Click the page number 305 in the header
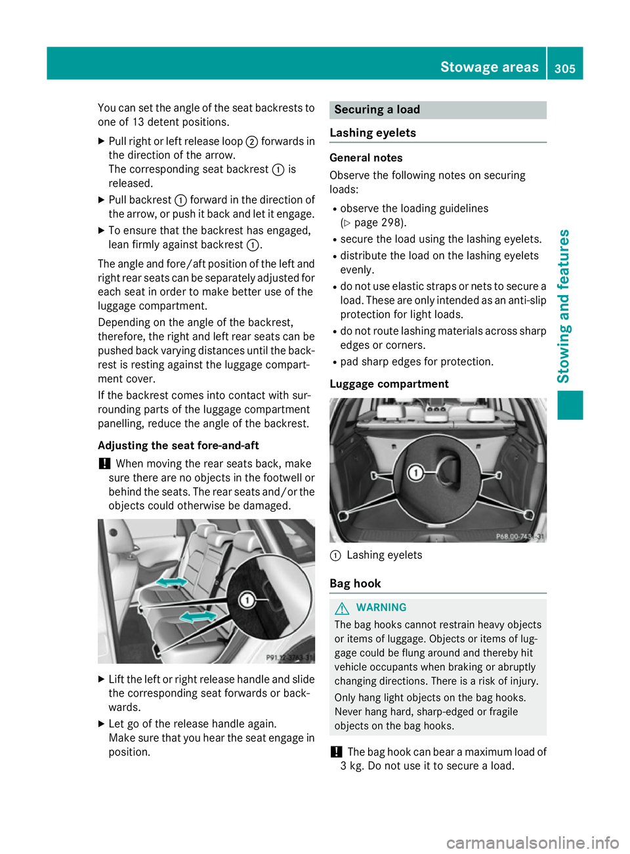(x=564, y=68)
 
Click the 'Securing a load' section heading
(x=377, y=110)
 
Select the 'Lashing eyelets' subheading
(x=373, y=132)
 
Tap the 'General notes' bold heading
(x=366, y=157)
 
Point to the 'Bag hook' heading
(x=355, y=583)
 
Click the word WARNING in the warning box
(x=381, y=607)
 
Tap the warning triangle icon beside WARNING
(x=341, y=608)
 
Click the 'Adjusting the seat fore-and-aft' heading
(x=178, y=445)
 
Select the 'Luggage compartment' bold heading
(x=389, y=384)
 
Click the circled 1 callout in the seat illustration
(x=247, y=600)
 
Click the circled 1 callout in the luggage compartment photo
(x=415, y=472)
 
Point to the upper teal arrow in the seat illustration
(x=173, y=582)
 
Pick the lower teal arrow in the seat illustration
(x=198, y=617)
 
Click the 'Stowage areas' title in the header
(x=489, y=67)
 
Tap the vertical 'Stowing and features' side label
(x=563, y=306)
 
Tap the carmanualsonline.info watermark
(x=532, y=842)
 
